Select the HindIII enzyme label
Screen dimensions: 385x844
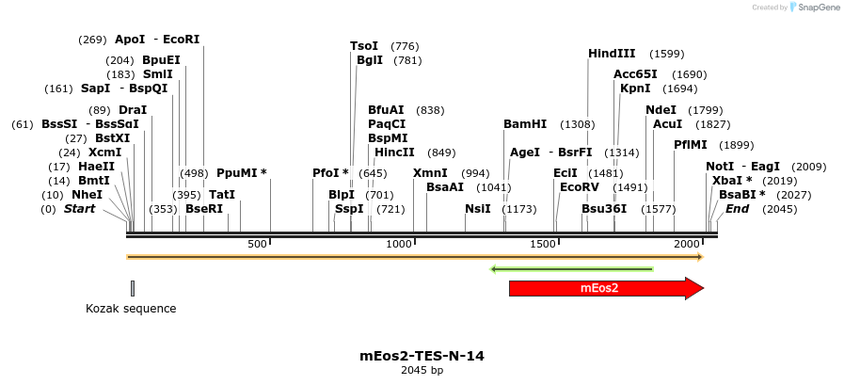coord(612,54)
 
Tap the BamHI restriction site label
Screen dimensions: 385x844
coord(525,124)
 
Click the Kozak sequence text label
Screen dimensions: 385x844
coord(131,308)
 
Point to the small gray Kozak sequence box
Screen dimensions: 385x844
coord(133,288)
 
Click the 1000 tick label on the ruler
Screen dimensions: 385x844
coord(399,245)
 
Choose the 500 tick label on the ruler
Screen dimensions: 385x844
coord(257,245)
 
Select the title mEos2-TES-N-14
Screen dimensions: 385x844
coord(422,356)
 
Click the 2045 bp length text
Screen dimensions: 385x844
coord(422,370)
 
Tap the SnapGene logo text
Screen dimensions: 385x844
coord(815,8)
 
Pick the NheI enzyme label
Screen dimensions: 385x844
coord(87,195)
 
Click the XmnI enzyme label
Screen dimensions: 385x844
coord(431,173)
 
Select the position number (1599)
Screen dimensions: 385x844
coord(667,54)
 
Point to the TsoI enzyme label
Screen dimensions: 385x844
coord(364,46)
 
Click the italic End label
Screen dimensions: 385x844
coord(737,209)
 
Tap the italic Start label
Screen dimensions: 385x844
coord(79,209)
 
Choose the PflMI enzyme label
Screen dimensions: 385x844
coord(690,145)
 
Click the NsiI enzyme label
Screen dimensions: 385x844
coord(478,209)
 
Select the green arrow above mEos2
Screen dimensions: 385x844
coord(572,269)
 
